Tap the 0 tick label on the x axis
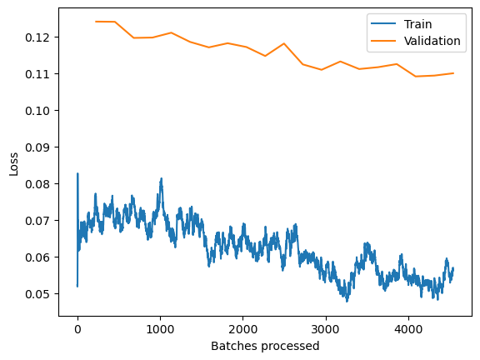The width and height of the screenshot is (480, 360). (x=77, y=328)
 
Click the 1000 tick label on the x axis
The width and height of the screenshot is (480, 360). (x=160, y=328)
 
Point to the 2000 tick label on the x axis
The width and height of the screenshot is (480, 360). (x=242, y=328)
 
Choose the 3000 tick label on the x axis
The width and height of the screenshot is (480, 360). (x=325, y=328)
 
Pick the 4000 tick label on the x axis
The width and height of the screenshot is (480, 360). (x=407, y=328)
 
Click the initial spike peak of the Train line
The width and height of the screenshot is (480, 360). (x=77, y=174)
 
